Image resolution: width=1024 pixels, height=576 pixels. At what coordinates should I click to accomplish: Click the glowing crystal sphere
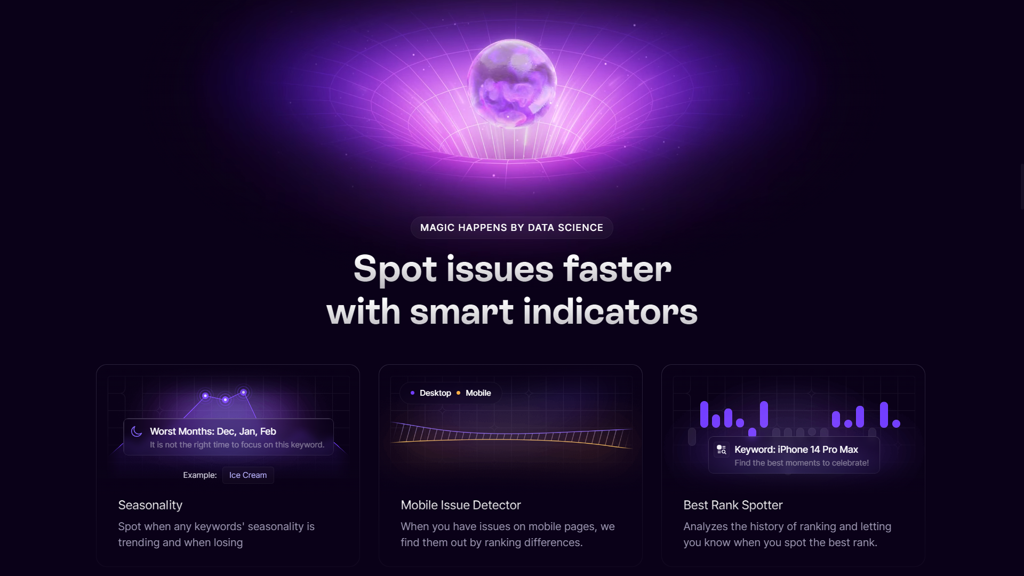click(x=512, y=83)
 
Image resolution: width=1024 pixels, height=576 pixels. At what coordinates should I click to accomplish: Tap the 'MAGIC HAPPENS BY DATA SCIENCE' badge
click(x=511, y=228)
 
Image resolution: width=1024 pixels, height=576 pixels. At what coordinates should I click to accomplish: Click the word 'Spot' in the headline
click(x=395, y=269)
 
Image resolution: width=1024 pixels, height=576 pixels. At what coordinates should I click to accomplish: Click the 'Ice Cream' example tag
click(x=248, y=475)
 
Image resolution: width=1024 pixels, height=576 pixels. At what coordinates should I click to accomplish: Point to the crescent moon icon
click(x=137, y=431)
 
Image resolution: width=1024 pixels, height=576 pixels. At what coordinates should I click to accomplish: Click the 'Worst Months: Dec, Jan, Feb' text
click(x=213, y=431)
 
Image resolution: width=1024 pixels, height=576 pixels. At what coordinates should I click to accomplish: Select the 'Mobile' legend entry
click(x=478, y=393)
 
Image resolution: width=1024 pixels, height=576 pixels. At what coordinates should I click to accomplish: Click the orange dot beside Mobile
click(x=458, y=393)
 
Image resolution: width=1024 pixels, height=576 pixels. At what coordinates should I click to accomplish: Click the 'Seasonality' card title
click(x=150, y=505)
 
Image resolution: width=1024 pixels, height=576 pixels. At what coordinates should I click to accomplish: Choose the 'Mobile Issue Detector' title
click(x=461, y=505)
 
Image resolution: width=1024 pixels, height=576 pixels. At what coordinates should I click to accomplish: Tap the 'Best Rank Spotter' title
click(x=733, y=505)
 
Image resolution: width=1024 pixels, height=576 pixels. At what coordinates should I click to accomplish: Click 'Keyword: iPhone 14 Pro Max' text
click(x=796, y=450)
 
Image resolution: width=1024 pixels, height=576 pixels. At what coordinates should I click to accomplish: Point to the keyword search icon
click(x=722, y=450)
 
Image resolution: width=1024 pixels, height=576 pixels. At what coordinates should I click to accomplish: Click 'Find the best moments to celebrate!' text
click(x=802, y=463)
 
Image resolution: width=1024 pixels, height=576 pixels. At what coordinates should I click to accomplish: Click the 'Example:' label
click(x=200, y=475)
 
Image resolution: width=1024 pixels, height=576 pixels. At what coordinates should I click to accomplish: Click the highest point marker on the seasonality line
click(x=243, y=393)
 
